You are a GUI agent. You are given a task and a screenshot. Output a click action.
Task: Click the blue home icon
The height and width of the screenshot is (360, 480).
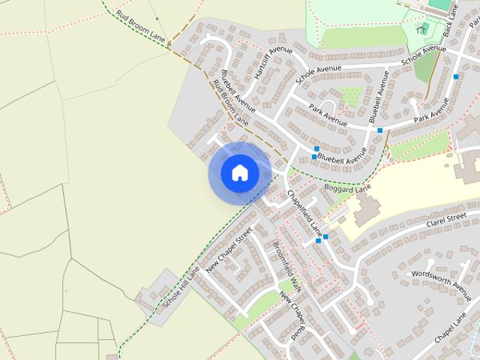[240, 172]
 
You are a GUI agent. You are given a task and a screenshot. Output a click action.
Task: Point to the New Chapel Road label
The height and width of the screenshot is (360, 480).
[294, 317]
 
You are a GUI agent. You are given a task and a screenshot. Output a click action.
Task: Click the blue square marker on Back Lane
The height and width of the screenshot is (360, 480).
[456, 76]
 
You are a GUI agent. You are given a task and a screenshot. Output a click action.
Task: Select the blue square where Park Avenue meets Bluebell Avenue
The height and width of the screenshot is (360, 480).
[380, 130]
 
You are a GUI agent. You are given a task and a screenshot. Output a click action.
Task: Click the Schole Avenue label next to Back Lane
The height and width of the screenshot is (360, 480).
[423, 54]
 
